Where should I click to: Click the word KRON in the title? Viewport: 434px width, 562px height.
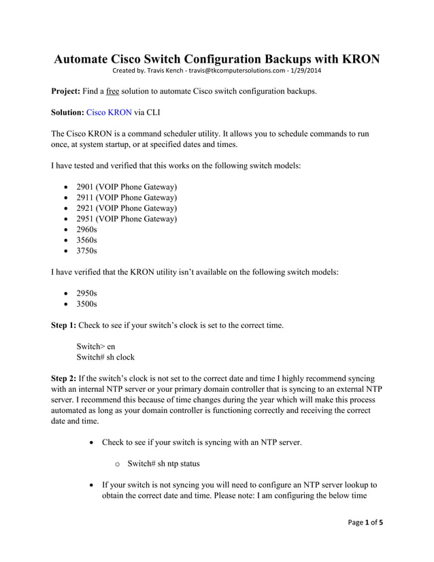[357, 59]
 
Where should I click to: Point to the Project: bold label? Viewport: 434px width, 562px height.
[69, 90]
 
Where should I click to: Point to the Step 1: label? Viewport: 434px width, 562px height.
[69, 325]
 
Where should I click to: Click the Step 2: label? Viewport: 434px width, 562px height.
[69, 378]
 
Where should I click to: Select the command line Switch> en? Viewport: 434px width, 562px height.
[96, 346]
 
